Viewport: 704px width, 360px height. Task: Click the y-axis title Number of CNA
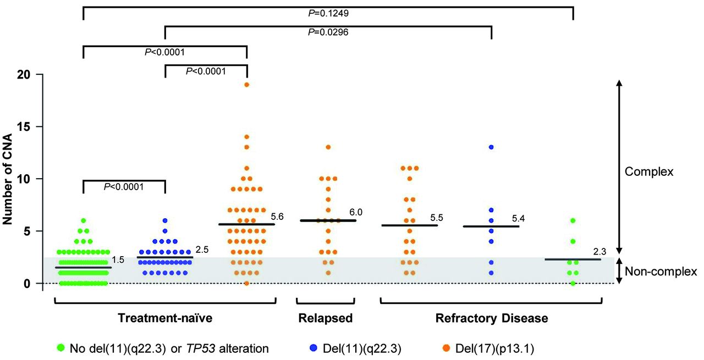pos(8,179)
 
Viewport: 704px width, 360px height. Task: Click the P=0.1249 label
pos(328,12)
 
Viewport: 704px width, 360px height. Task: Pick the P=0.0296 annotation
pos(328,32)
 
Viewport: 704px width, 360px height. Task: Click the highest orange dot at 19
pos(247,85)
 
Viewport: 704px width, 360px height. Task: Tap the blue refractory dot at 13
pos(491,147)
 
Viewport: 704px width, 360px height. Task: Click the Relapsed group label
pos(326,318)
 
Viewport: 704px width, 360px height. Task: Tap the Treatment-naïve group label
pos(165,318)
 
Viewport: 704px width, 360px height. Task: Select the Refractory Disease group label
pos(492,318)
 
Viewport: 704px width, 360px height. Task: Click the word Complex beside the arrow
pos(649,172)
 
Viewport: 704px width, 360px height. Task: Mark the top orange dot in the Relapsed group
pos(328,147)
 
